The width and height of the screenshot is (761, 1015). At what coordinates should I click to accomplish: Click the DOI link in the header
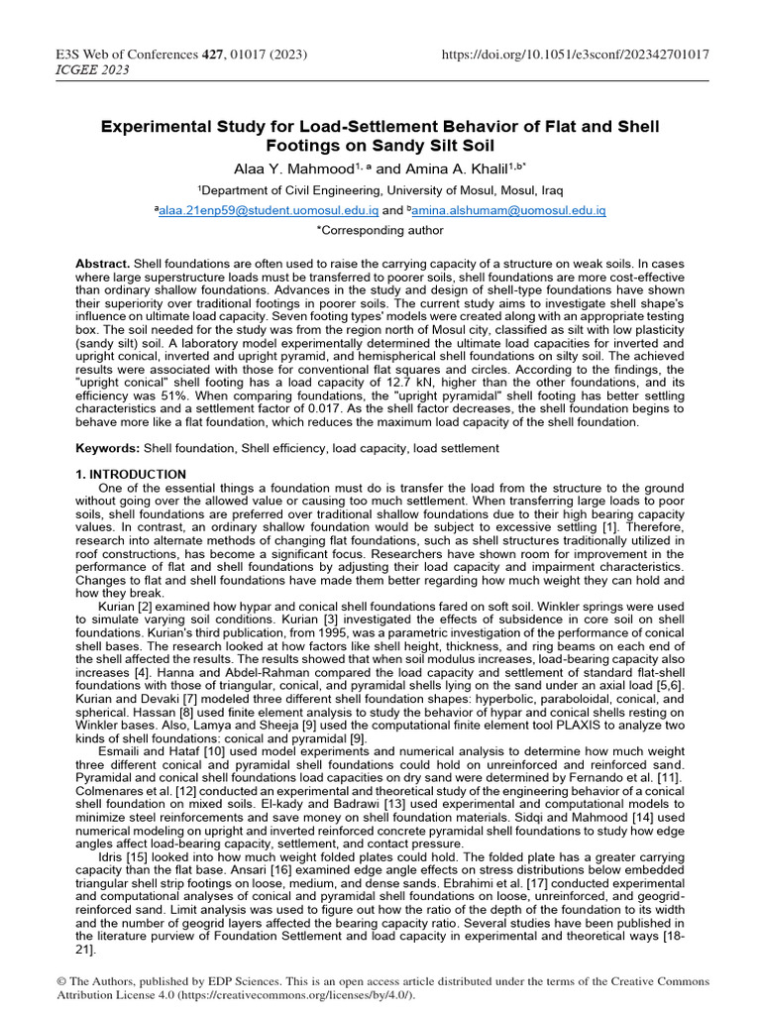575,54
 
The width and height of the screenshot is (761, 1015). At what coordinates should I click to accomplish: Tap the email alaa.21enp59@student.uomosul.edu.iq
268,210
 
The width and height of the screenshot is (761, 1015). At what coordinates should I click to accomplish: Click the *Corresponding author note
380,230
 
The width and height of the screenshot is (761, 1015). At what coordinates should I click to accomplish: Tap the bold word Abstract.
102,263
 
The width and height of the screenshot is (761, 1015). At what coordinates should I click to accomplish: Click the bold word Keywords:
107,448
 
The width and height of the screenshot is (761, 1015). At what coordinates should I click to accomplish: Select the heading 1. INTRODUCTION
131,475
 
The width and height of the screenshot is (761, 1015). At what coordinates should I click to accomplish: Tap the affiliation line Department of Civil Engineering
380,189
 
